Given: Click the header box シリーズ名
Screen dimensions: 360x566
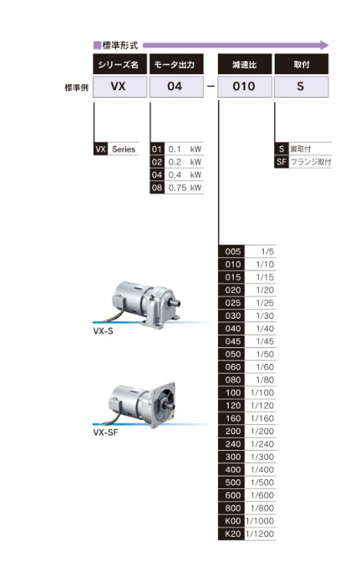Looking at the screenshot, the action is coord(120,64).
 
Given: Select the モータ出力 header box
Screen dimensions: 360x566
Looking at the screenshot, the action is coord(176,64).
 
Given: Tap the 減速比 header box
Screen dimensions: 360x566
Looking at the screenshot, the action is coord(245,64).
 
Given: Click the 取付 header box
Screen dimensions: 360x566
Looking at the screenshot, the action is coord(302,64).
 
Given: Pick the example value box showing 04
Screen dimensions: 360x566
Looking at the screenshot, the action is coord(176,87).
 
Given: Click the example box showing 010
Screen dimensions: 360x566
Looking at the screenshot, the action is coord(245,87).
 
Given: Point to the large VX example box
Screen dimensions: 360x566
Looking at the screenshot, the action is coord(120,87).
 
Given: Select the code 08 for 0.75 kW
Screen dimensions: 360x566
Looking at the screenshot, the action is coord(157,188).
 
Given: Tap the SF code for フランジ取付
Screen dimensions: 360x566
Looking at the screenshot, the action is coord(281,162).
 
